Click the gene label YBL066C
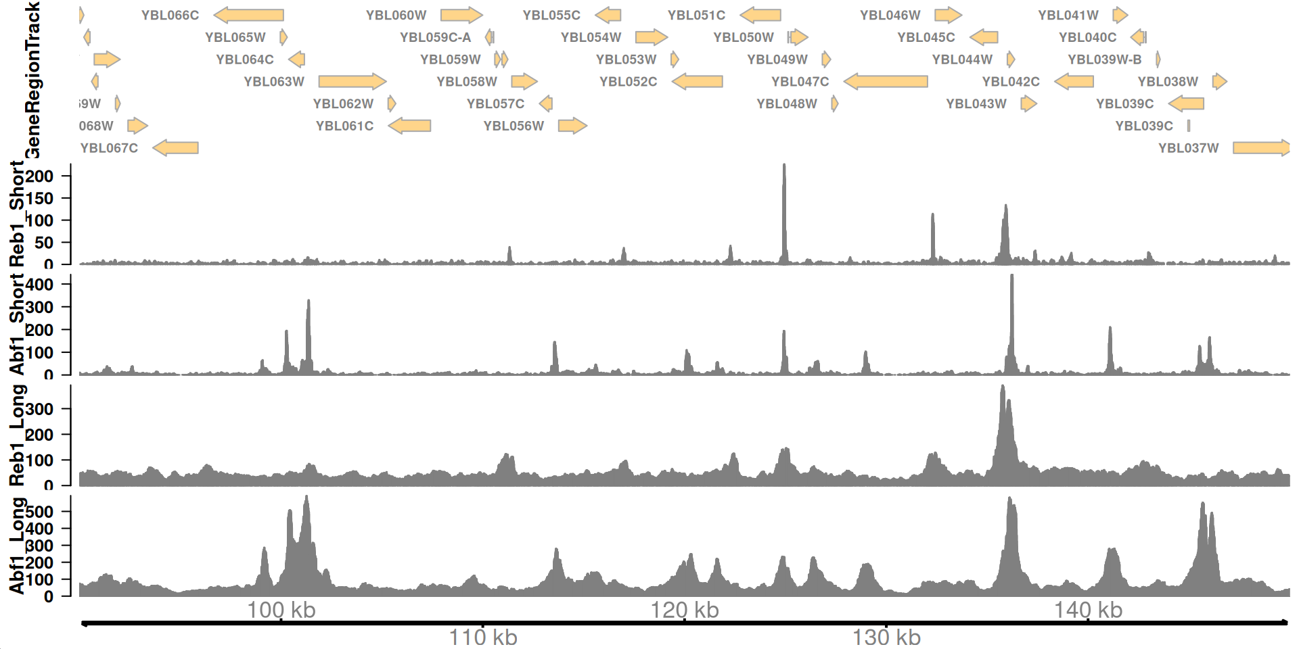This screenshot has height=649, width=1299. [170, 15]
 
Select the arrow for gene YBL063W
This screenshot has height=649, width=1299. [352, 82]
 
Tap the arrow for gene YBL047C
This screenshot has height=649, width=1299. [886, 82]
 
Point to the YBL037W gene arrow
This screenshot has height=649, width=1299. [1260, 148]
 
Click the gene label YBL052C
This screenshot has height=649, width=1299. [628, 82]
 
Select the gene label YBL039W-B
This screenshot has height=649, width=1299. [1104, 59]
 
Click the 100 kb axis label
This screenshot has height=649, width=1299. [281, 610]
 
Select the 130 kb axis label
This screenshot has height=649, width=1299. [886, 637]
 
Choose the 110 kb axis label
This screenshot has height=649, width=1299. [483, 637]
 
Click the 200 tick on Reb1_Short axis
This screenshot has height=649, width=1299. [39, 176]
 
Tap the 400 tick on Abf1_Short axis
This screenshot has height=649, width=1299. [39, 285]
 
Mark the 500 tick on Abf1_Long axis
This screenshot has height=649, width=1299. [39, 512]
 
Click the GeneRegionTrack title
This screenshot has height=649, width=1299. [32, 80]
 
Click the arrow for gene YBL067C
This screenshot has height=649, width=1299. [175, 148]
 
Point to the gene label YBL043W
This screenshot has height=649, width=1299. [976, 104]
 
